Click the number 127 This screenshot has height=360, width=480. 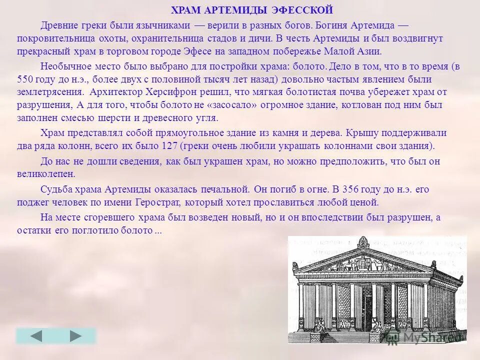pos(169,146)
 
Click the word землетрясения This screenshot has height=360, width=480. pos(50,92)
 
